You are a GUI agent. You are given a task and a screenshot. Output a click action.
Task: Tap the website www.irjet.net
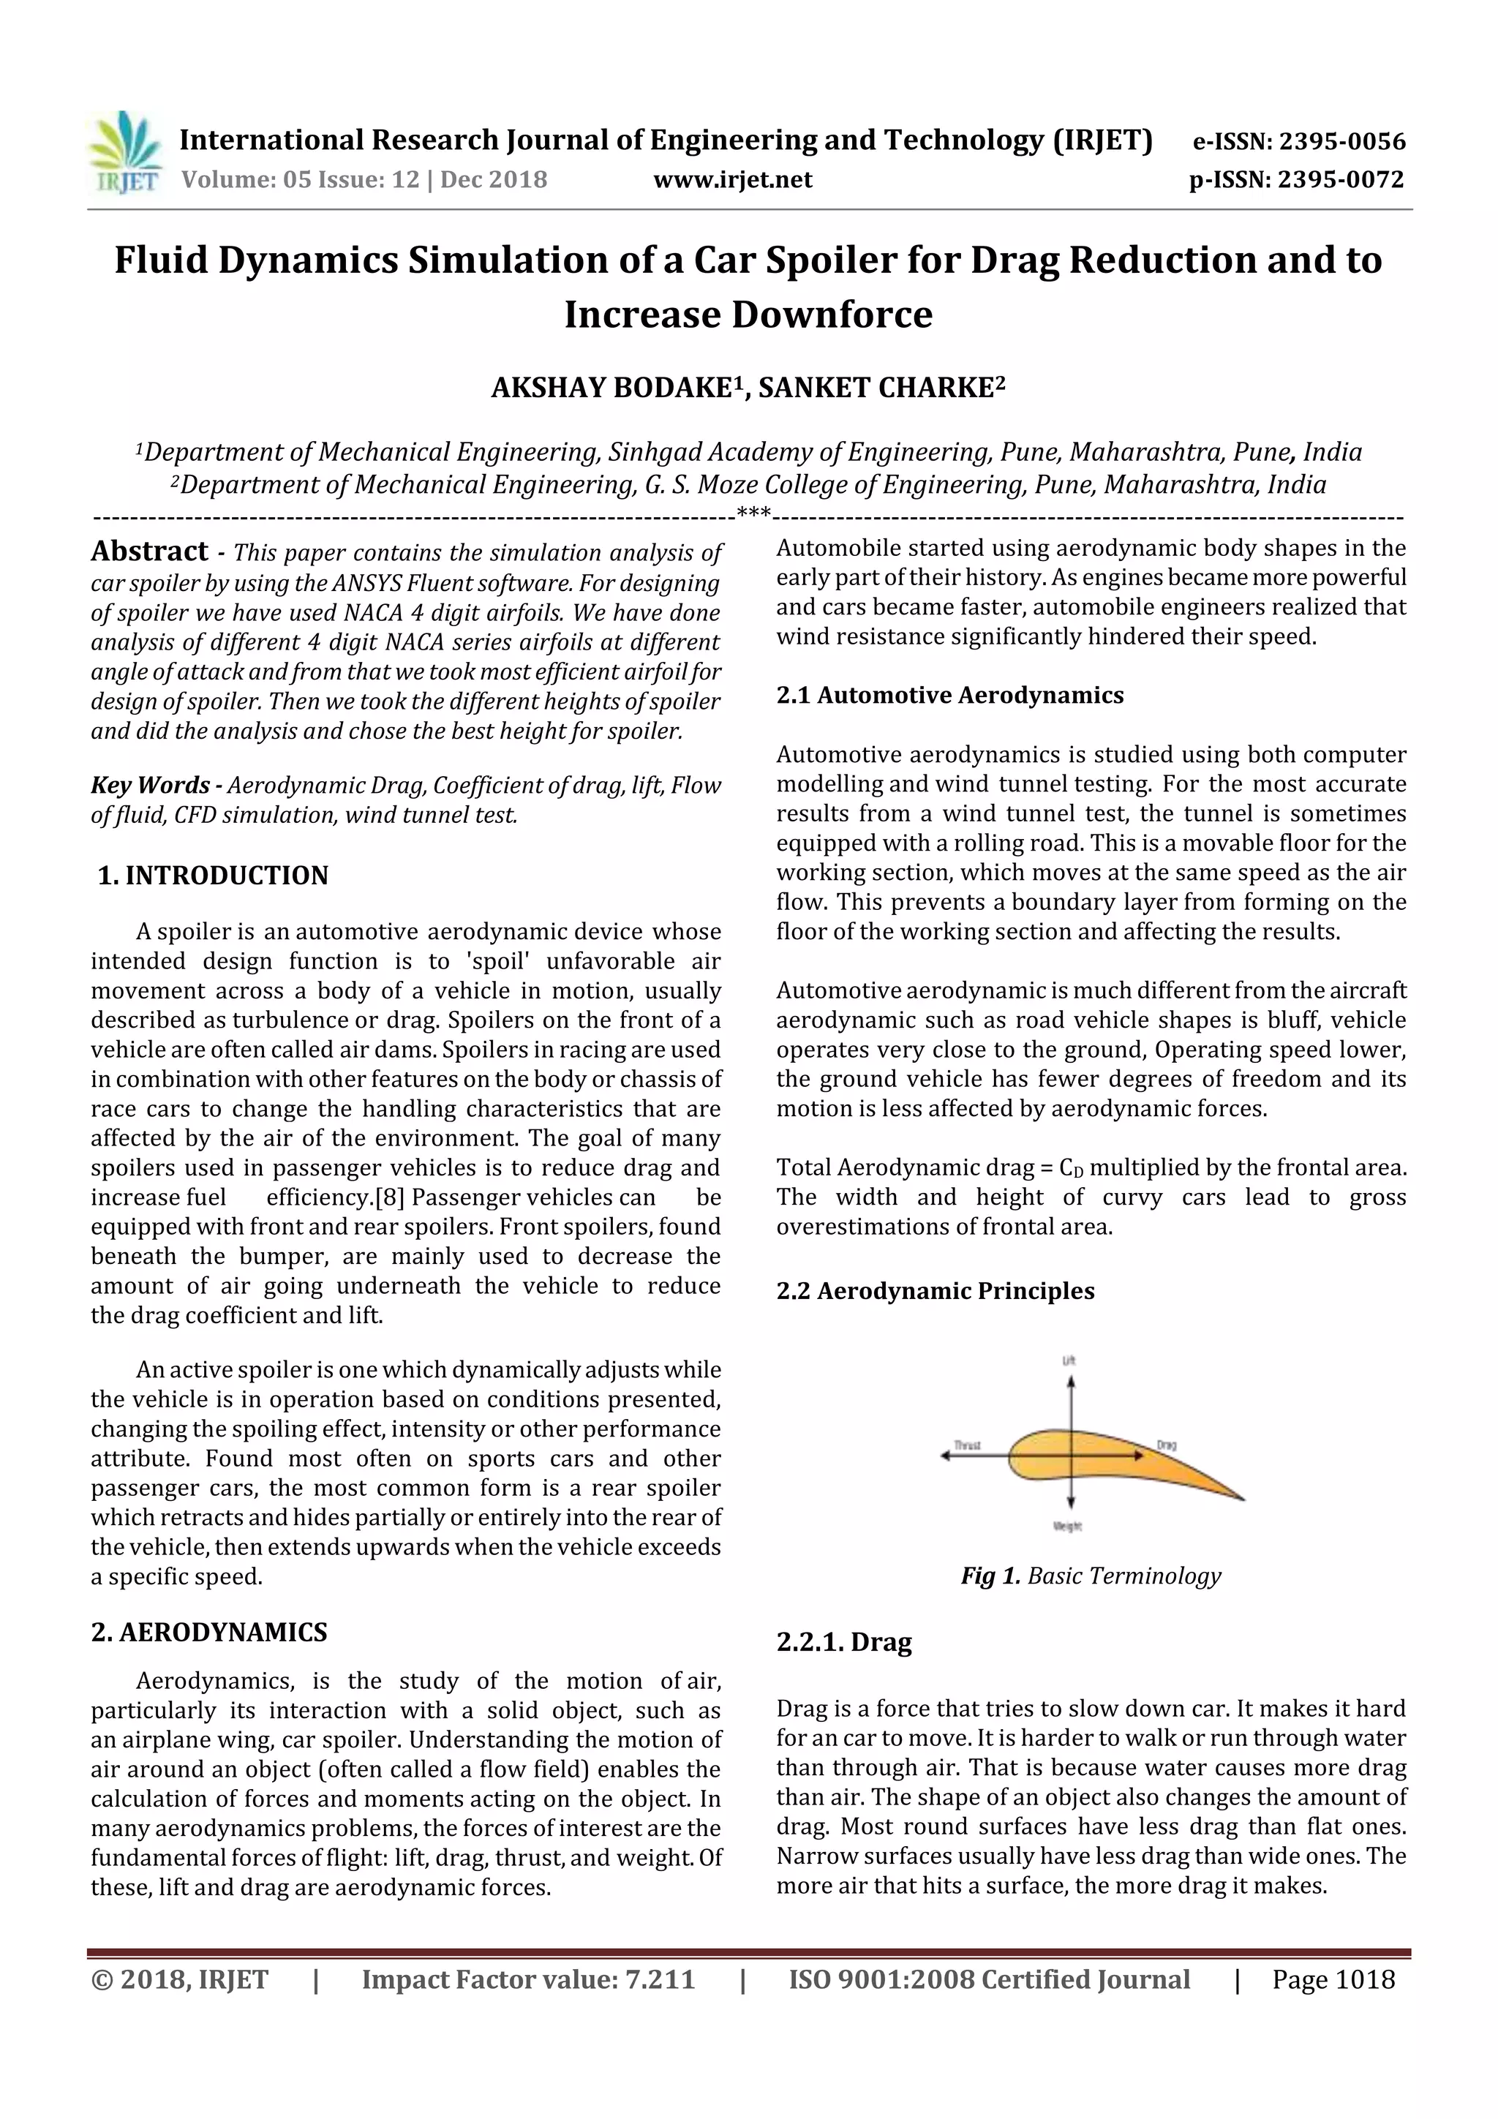[x=733, y=179]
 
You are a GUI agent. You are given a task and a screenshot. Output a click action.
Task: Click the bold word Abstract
[x=149, y=552]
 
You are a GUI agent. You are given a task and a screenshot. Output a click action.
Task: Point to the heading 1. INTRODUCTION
[x=213, y=875]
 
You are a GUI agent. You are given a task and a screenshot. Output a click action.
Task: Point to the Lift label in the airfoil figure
[x=1069, y=1361]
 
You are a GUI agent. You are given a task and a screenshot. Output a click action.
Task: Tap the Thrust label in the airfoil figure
[x=966, y=1445]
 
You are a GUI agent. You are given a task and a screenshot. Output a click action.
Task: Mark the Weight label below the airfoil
[x=1067, y=1527]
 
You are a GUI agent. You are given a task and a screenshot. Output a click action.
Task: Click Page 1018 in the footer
[x=1333, y=1979]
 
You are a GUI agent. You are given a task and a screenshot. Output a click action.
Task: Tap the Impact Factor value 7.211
[x=659, y=1979]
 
